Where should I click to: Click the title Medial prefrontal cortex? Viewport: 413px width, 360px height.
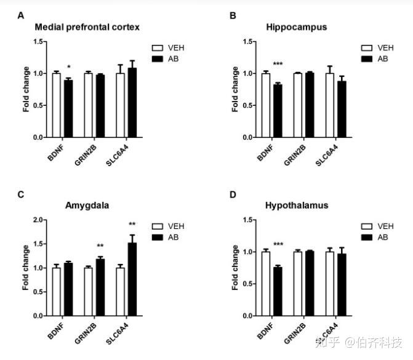pos(87,27)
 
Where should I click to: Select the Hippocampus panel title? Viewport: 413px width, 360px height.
pos(296,27)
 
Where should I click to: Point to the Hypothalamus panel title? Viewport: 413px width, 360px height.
pos(297,205)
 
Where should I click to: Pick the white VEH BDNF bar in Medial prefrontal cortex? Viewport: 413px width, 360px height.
pos(56,105)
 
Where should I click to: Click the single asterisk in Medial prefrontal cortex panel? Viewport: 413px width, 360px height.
pos(69,68)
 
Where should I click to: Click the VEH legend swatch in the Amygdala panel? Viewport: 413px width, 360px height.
pos(157,225)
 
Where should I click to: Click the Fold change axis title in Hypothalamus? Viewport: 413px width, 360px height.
pos(235,268)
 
